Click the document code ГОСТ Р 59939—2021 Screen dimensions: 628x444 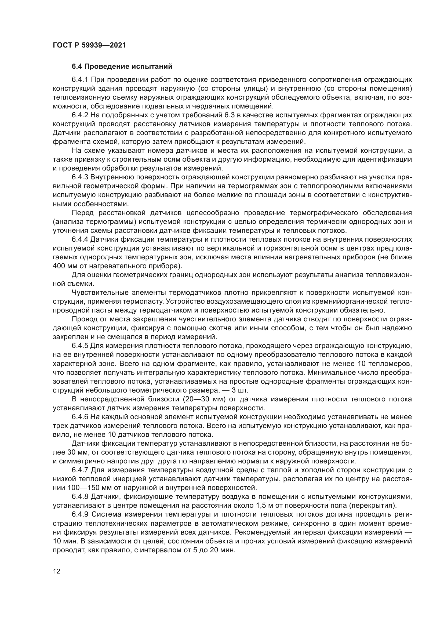[89, 45]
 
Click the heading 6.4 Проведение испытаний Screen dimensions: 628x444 [122, 67]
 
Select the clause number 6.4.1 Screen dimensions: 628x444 [80, 79]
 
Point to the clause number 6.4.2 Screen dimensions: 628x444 [80, 115]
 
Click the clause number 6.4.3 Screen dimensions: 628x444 [80, 177]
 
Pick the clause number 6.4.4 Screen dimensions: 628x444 [80, 239]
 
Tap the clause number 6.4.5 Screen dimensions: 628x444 [80, 346]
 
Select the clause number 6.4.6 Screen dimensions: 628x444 [80, 417]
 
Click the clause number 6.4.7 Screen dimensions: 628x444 [80, 470]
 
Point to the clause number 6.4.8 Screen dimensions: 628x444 [80, 497]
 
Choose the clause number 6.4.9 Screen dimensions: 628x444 [80, 514]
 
